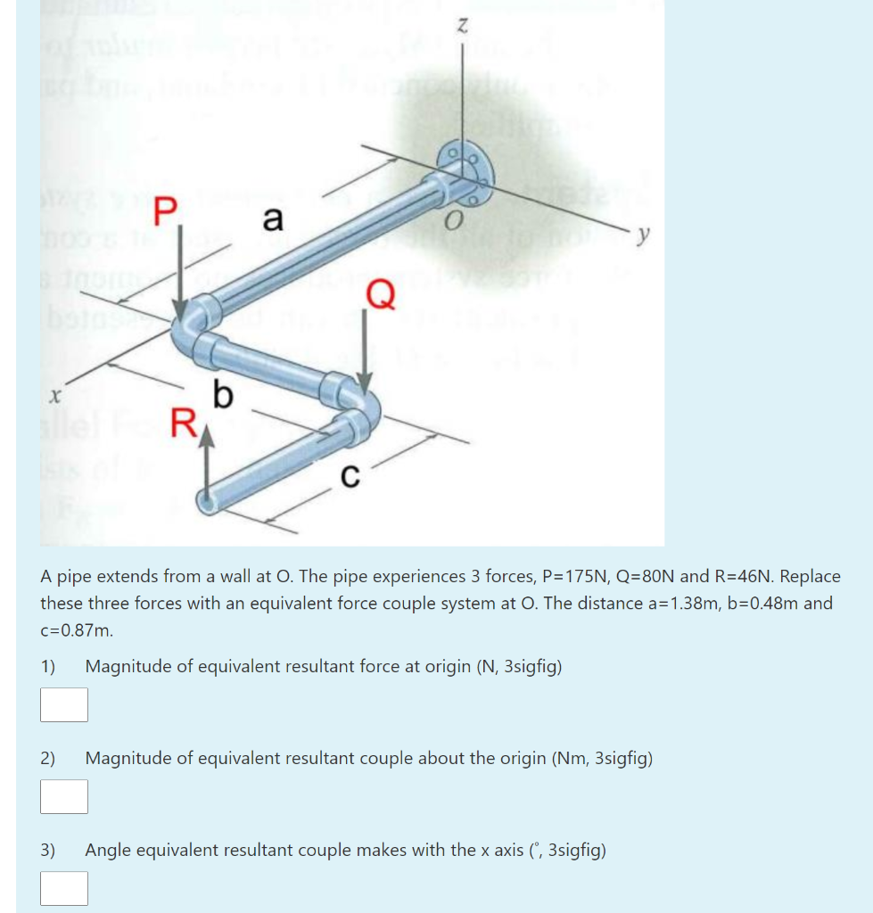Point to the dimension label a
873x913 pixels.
coord(273,217)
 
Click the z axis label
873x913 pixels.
coord(462,29)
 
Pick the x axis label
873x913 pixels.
coord(55,392)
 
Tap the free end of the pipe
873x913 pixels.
coord(209,504)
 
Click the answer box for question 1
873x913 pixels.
coord(64,704)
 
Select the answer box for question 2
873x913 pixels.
coord(64,796)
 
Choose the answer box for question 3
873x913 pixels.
coord(64,888)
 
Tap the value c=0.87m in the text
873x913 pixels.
coord(78,629)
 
